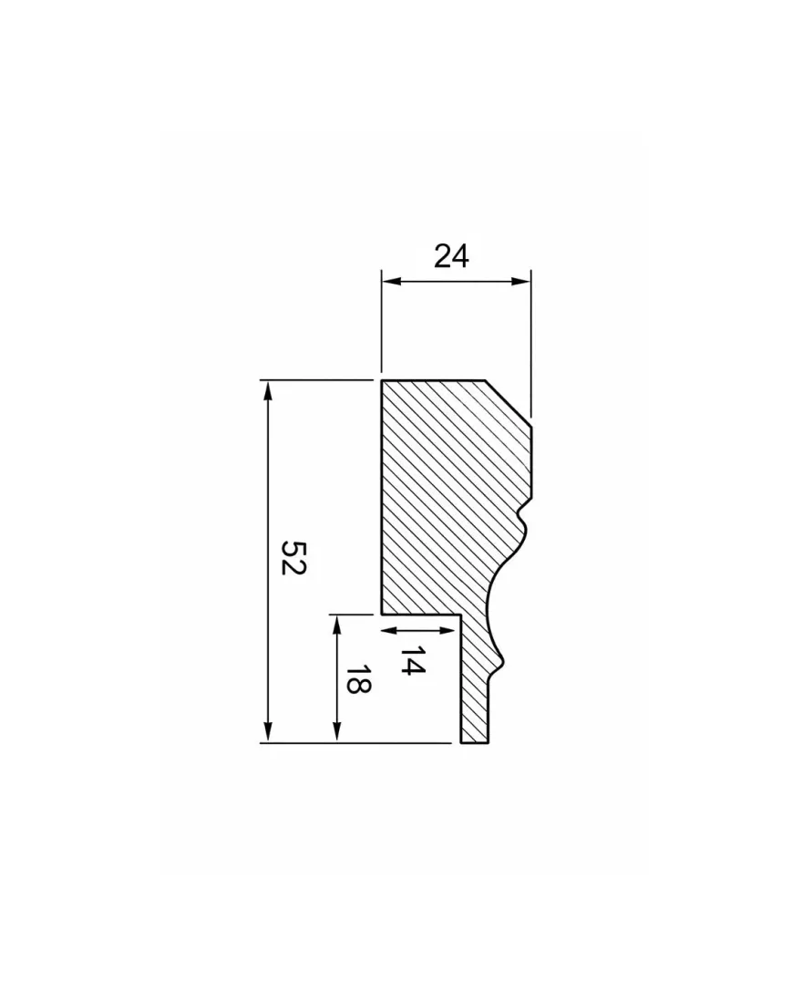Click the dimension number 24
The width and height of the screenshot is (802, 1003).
click(451, 256)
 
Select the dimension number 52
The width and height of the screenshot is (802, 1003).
click(295, 558)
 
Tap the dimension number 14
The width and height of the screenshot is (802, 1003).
click(413, 660)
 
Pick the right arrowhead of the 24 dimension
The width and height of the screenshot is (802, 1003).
click(522, 281)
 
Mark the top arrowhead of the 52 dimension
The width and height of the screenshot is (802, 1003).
click(268, 390)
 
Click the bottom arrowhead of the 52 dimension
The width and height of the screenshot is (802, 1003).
click(268, 733)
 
